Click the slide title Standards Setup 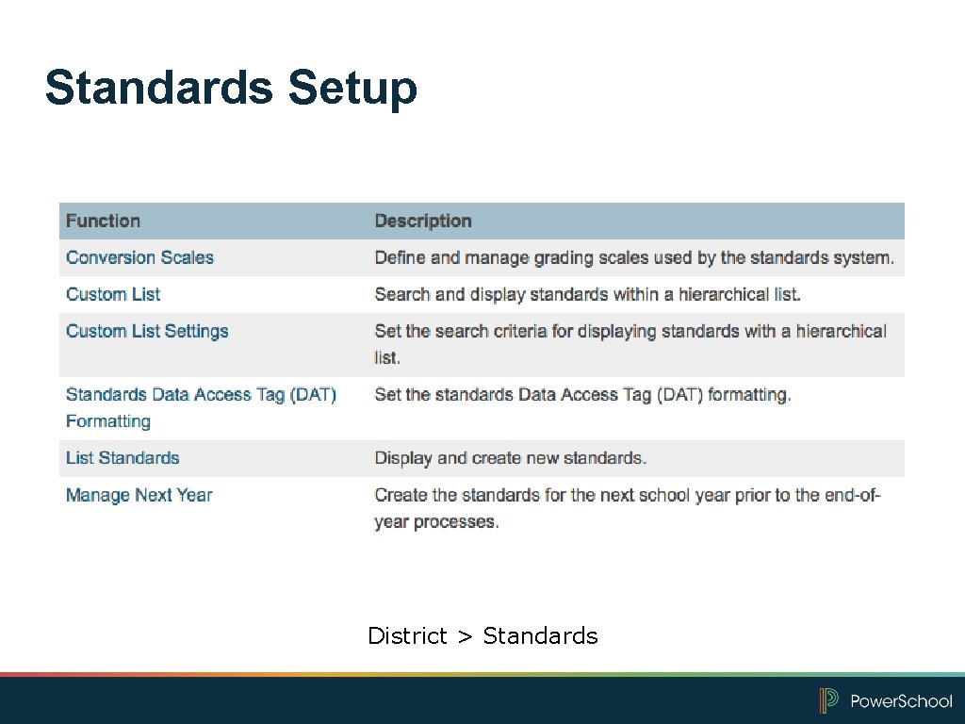pyautogui.click(x=231, y=88)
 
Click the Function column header pyautogui.click(x=103, y=221)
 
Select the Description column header pyautogui.click(x=423, y=221)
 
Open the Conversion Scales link pyautogui.click(x=139, y=257)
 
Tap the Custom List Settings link pyautogui.click(x=147, y=331)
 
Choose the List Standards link pyautogui.click(x=123, y=458)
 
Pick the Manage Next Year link pyautogui.click(x=139, y=495)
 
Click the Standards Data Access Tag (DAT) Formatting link pyautogui.click(x=201, y=395)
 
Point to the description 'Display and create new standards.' pyautogui.click(x=511, y=458)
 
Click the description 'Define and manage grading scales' pyautogui.click(x=634, y=257)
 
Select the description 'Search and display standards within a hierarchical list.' pyautogui.click(x=588, y=294)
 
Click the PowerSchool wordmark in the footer pyautogui.click(x=901, y=701)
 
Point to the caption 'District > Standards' pyautogui.click(x=482, y=636)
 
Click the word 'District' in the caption pyautogui.click(x=407, y=636)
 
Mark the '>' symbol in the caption pyautogui.click(x=465, y=637)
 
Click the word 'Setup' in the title pyautogui.click(x=352, y=88)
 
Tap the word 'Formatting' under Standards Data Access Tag pyautogui.click(x=108, y=421)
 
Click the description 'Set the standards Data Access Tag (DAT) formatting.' pyautogui.click(x=582, y=395)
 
